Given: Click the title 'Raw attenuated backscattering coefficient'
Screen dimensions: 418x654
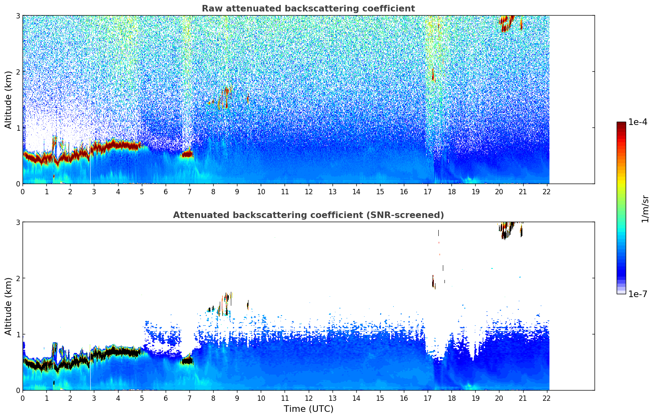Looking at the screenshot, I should pyautogui.click(x=308, y=9).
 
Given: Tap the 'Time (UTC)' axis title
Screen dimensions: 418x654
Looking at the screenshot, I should pyautogui.click(x=308, y=409).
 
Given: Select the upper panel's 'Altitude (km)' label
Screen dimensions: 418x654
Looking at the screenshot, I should pyautogui.click(x=8, y=100).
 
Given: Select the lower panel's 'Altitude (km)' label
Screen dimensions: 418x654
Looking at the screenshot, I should pyautogui.click(x=8, y=306).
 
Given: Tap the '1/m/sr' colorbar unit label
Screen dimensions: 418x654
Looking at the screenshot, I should pyautogui.click(x=645, y=209).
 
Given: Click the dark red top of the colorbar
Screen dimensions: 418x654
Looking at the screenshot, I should pyautogui.click(x=621, y=124).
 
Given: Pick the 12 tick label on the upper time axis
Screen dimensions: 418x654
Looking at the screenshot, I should pyautogui.click(x=308, y=192).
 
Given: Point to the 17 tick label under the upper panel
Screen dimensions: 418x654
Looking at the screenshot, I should pyautogui.click(x=428, y=192).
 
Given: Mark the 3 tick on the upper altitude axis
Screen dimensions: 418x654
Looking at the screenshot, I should pyautogui.click(x=18, y=16).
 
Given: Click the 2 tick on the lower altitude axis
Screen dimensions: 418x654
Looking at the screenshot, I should pyautogui.click(x=18, y=278).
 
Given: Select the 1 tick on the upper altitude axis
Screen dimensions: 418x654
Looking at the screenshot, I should pyautogui.click(x=18, y=128).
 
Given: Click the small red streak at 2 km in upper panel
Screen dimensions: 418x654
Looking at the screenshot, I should pyautogui.click(x=433, y=75).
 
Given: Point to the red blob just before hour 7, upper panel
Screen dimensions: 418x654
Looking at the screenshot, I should pyautogui.click(x=187, y=154).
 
